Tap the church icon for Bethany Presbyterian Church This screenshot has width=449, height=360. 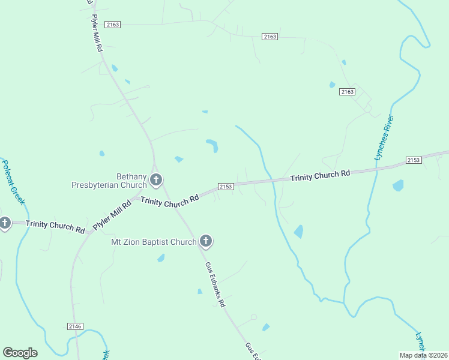156,179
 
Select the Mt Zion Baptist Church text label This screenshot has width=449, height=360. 154,242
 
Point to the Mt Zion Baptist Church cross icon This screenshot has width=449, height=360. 205,242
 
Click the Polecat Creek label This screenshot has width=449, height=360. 13,182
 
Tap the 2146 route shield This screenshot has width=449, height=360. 75,326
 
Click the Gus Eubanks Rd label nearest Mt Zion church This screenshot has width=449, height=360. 215,284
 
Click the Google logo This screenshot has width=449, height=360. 20,353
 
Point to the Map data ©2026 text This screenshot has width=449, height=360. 423,355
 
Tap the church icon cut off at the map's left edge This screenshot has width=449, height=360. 4,224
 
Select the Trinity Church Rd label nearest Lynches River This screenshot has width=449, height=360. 320,176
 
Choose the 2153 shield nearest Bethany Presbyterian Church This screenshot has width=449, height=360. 225,187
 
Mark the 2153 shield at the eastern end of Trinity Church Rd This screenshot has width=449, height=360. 414,160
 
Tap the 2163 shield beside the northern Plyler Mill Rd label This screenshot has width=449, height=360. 112,25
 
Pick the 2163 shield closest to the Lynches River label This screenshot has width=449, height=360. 347,92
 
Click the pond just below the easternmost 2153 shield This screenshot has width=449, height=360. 398,185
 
